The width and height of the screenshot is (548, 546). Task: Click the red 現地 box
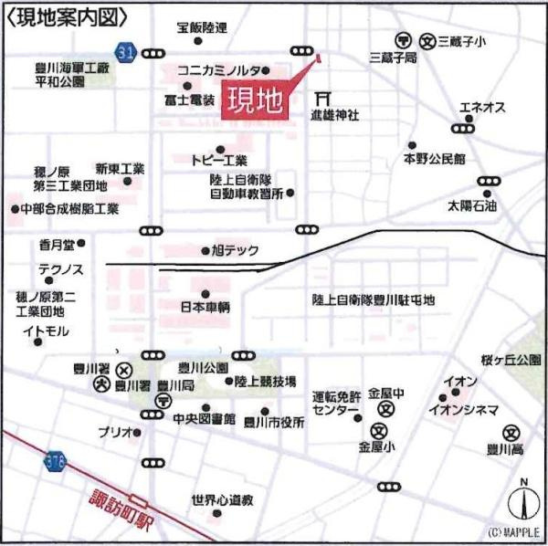(254, 98)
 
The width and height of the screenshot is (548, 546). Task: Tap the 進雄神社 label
(334, 115)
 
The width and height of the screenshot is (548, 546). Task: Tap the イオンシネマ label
(464, 409)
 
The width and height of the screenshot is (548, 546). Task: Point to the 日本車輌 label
(205, 307)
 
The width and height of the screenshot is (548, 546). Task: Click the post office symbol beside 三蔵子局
(403, 40)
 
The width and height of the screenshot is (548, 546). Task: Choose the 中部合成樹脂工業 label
(70, 209)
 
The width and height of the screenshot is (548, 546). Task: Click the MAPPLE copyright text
(512, 532)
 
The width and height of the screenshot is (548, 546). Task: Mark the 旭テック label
(236, 250)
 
